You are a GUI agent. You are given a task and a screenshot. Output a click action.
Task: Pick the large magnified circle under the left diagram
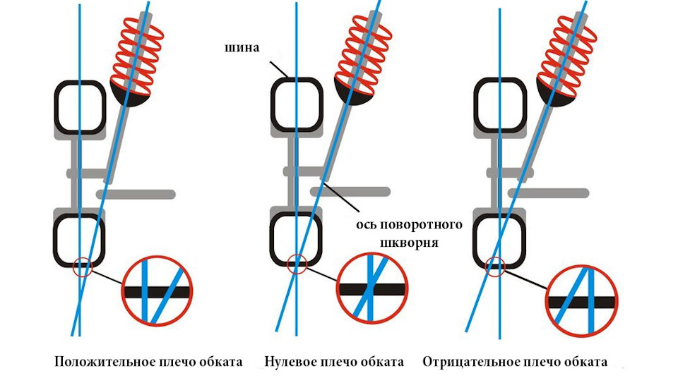point(157,291)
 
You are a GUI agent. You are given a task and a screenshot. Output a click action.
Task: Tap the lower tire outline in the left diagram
point(80,238)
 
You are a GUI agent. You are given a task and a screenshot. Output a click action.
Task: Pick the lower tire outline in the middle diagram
point(296,238)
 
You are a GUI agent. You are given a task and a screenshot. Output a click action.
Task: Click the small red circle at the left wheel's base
point(83,267)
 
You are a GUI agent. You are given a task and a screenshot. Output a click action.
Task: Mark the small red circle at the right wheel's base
point(498,267)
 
